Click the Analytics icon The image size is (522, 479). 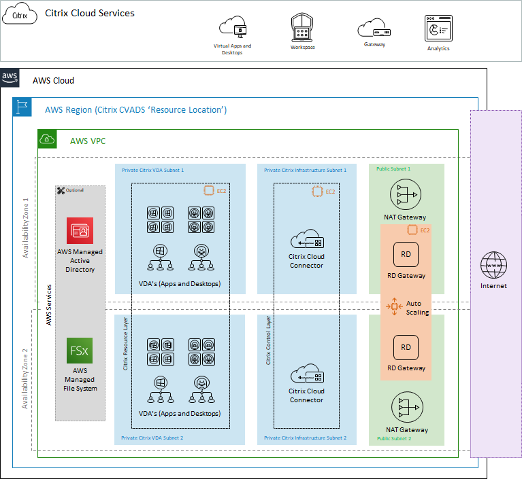(438, 29)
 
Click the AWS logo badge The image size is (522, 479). (10, 77)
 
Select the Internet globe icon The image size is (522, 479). (493, 266)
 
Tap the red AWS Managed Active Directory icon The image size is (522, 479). (80, 230)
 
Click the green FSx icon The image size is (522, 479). (80, 351)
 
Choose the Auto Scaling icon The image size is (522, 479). (394, 307)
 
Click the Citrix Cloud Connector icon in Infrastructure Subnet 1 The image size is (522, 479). (306, 239)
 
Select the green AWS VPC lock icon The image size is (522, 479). (47, 139)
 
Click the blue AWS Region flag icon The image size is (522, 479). (22, 107)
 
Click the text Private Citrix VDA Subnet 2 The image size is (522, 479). (152, 438)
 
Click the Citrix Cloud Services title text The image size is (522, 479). (90, 14)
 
